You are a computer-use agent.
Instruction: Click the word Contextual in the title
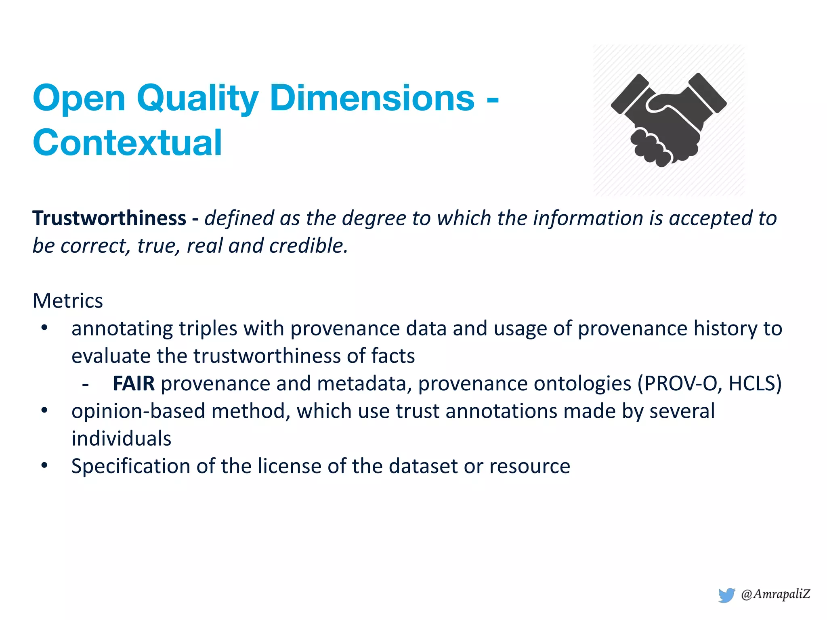[127, 142]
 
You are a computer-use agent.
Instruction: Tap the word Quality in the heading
[197, 98]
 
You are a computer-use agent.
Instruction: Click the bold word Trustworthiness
[109, 218]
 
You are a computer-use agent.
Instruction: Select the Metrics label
[68, 301]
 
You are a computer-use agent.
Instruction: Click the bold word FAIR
[134, 383]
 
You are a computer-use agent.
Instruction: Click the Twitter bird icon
[726, 595]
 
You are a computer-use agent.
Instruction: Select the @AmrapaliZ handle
[775, 594]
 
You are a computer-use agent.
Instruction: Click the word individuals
[121, 439]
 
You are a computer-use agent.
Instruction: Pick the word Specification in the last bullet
[131, 466]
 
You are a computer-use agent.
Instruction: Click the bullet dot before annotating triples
[44, 328]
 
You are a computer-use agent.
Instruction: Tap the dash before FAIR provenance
[85, 384]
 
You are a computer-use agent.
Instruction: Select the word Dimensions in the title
[372, 98]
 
